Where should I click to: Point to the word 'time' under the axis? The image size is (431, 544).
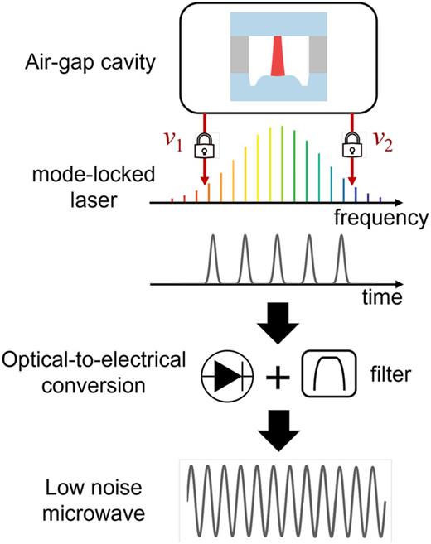pos(378,296)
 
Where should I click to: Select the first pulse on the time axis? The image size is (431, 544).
pos(213,258)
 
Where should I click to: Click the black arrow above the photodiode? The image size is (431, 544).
pos(271,325)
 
